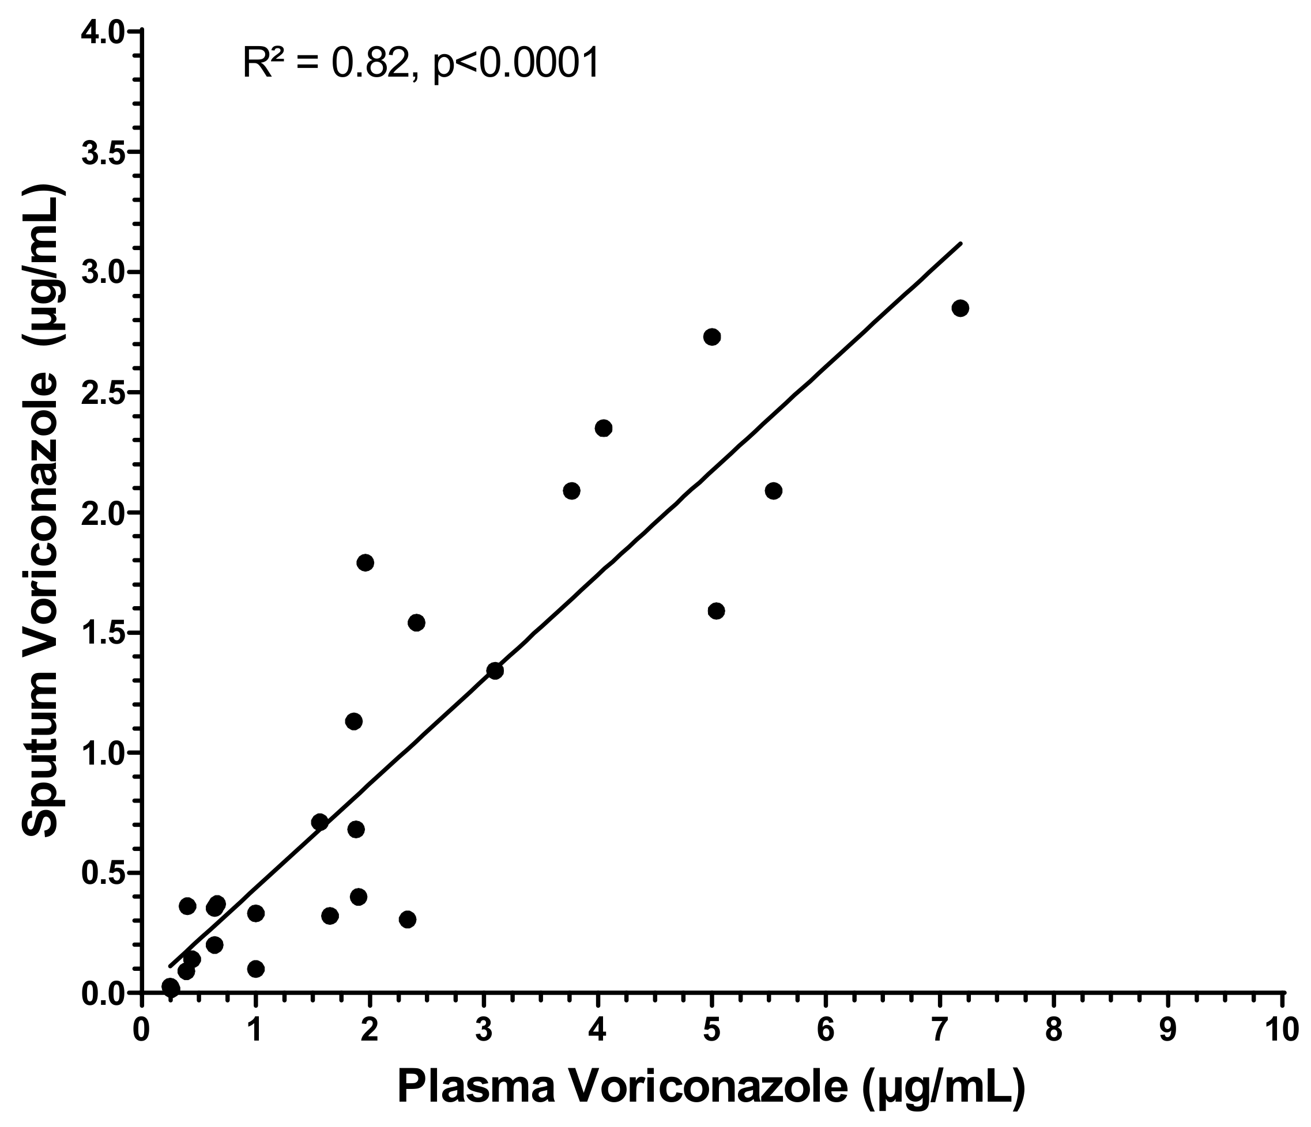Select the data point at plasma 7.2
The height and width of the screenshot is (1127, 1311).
pyautogui.click(x=960, y=309)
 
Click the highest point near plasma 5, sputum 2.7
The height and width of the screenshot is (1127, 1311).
pyautogui.click(x=712, y=336)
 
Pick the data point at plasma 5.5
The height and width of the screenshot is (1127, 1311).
pyautogui.click(x=773, y=491)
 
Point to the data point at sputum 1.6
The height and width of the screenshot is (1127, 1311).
pyautogui.click(x=716, y=611)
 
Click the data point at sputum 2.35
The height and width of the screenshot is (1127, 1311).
pyautogui.click(x=604, y=428)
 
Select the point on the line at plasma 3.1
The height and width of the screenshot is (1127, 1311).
pyautogui.click(x=495, y=671)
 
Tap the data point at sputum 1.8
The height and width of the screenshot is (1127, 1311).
pyautogui.click(x=365, y=563)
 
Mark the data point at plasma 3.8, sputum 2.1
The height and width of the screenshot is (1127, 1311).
pyautogui.click(x=571, y=491)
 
